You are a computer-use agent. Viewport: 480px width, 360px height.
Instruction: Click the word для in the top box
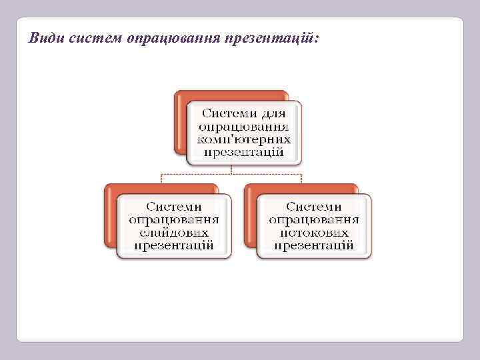273,113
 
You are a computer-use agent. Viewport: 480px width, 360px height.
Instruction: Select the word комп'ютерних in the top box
244,139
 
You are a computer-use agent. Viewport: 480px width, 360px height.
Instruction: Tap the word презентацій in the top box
244,152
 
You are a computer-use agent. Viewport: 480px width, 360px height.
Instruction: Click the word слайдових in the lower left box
174,232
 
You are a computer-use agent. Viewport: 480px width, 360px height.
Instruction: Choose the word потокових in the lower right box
314,232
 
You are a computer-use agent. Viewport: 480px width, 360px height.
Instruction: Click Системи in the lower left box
174,207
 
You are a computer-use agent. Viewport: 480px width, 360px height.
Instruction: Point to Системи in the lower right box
314,207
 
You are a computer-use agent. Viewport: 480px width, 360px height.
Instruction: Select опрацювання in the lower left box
174,219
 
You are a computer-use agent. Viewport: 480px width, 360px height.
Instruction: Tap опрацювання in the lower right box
314,219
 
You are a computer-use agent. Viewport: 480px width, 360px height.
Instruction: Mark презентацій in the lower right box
314,245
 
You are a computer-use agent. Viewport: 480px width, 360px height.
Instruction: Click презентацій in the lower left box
174,245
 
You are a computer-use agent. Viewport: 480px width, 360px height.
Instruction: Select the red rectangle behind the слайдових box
111,217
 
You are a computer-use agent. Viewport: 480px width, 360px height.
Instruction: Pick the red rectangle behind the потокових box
251,217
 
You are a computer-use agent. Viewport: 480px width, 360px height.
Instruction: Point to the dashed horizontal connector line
200,174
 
